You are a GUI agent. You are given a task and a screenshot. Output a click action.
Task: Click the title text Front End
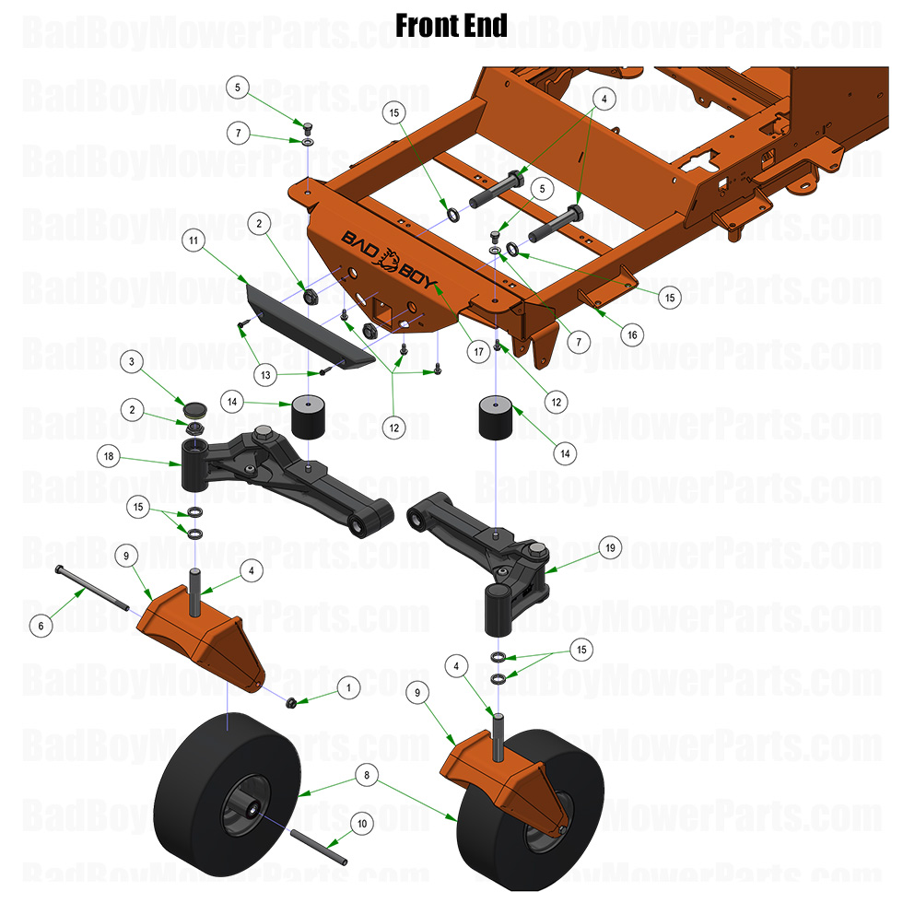[451, 25]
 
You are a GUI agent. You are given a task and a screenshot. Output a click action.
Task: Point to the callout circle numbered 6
[40, 625]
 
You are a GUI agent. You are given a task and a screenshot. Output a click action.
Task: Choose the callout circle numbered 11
[193, 240]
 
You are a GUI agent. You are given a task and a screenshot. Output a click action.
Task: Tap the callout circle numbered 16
[631, 334]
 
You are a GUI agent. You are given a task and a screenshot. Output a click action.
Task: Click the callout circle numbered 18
[110, 456]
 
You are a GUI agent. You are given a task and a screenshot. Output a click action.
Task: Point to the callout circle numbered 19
[610, 546]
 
